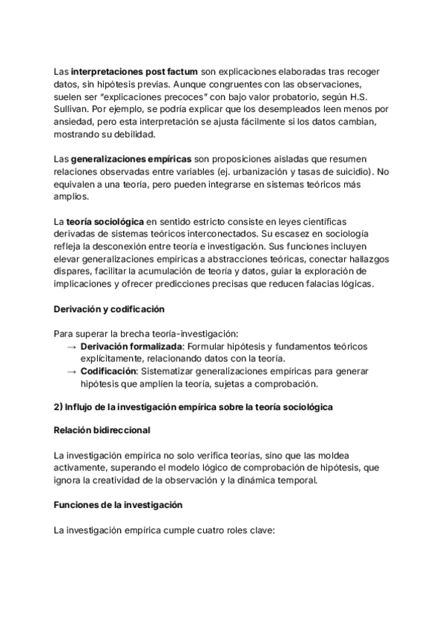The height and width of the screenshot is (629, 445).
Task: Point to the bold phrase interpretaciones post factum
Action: (134, 72)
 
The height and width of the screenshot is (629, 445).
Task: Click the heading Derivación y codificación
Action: (110, 309)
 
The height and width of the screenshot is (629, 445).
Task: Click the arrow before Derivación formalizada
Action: (71, 346)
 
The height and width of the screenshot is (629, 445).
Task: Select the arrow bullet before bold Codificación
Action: (71, 372)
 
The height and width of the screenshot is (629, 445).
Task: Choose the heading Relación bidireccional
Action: (102, 430)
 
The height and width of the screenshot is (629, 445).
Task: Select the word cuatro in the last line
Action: (208, 530)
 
